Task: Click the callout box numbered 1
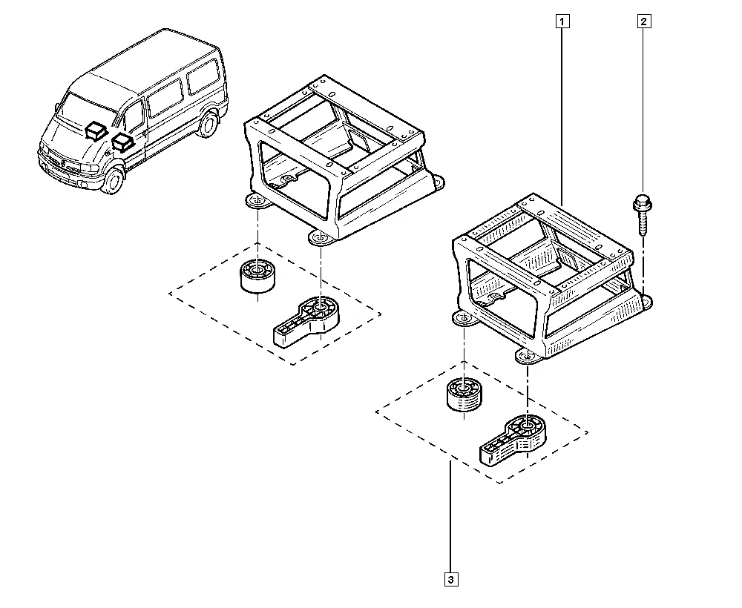click(562, 22)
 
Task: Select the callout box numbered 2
click(643, 22)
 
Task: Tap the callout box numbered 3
click(451, 579)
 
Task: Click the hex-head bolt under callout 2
click(642, 214)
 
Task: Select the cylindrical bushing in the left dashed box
click(258, 276)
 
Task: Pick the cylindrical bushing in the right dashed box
click(464, 394)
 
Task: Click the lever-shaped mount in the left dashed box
click(306, 322)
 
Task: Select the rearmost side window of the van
click(202, 76)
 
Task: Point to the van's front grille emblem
click(62, 163)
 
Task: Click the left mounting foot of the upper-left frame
click(256, 202)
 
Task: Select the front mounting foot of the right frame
click(528, 355)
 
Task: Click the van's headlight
click(90, 168)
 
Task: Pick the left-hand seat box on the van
click(96, 130)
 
